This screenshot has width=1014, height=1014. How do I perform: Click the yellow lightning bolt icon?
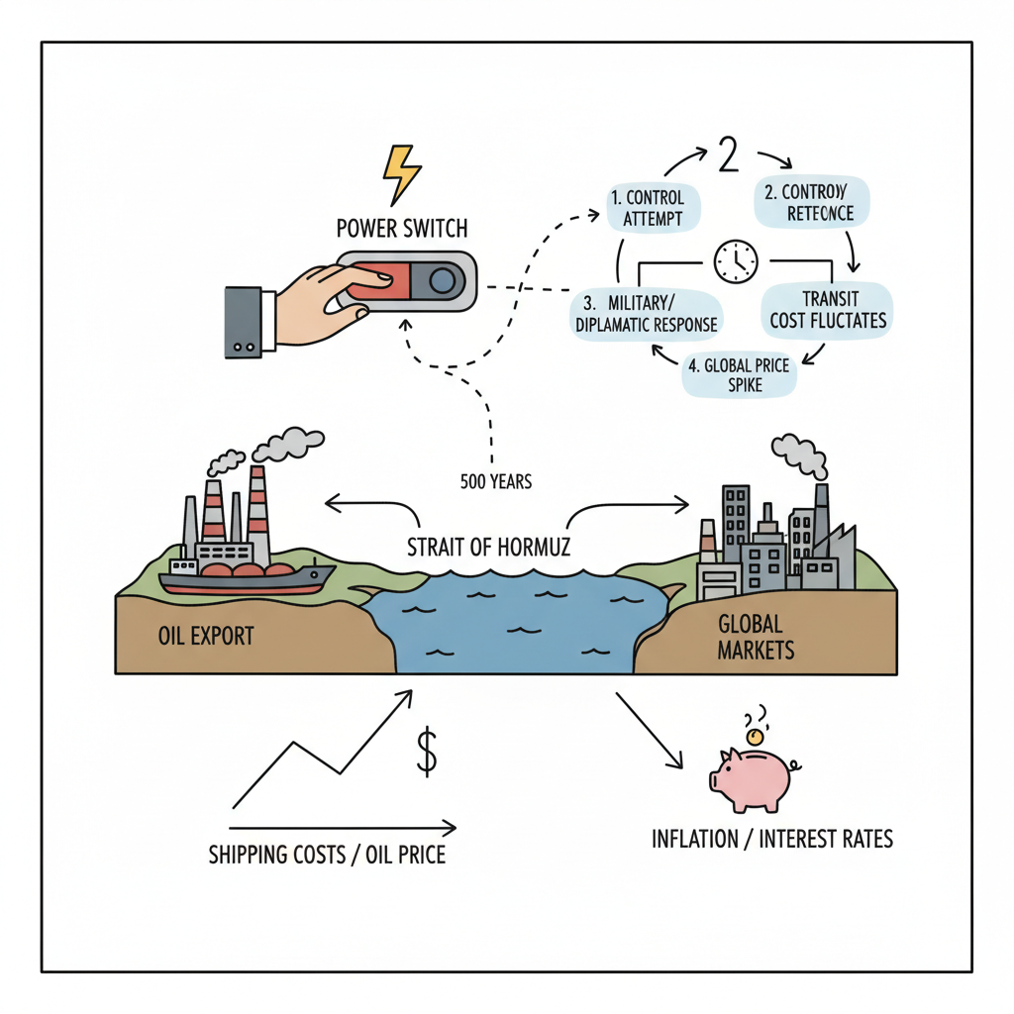(402, 175)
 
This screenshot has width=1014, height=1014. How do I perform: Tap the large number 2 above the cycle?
(728, 156)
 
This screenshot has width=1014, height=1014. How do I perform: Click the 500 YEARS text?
(496, 482)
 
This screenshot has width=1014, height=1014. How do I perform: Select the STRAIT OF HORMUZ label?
(489, 546)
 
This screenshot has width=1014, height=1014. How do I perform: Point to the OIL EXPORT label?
(205, 635)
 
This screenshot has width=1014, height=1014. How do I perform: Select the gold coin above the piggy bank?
(755, 737)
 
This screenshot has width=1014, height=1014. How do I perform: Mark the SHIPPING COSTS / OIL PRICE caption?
(327, 854)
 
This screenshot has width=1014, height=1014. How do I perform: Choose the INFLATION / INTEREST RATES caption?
(772, 840)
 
